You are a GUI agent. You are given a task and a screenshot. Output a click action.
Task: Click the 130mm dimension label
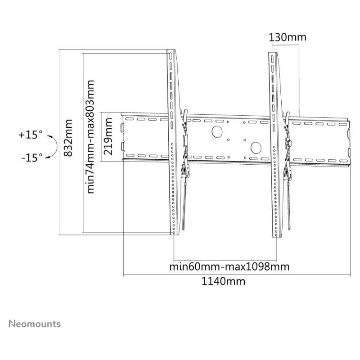288,37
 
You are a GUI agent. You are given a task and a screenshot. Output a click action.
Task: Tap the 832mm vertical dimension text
68,138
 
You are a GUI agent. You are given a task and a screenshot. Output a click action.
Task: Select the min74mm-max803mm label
90,137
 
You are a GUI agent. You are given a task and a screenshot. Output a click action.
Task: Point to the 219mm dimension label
108,136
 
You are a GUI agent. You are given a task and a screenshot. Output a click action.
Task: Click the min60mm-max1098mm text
229,267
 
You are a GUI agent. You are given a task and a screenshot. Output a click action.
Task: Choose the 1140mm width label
223,281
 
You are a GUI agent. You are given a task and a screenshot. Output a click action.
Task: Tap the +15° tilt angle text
31,135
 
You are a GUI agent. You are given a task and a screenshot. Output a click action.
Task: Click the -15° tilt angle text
32,158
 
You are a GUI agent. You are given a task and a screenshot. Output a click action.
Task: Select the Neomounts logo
35,324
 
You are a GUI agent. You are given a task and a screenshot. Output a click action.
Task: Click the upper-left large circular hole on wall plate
217,131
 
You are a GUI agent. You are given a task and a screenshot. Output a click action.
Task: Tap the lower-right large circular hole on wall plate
256,148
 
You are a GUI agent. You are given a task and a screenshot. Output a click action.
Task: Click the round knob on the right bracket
288,144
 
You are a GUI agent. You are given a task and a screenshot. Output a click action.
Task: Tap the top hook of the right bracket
287,115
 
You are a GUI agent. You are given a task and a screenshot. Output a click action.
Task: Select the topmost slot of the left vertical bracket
171,57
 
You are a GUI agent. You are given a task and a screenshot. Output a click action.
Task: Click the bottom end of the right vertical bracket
277,238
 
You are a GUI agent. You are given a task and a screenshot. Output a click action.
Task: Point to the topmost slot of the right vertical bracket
272,59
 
